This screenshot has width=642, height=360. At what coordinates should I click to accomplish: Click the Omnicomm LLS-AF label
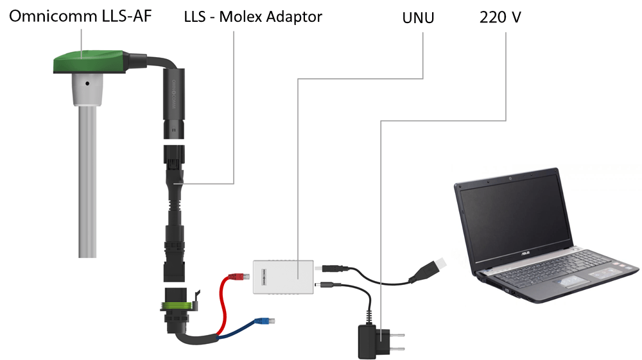[x=80, y=16]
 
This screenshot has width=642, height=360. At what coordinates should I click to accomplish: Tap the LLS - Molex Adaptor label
[x=253, y=17]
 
